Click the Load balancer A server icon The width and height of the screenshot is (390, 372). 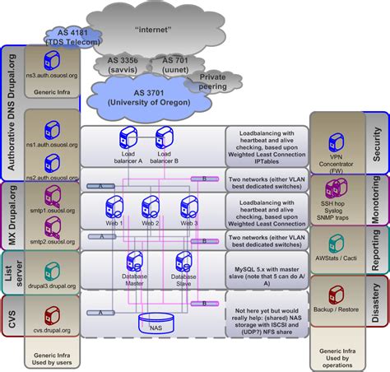pos(128,136)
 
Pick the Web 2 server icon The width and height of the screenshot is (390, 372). pos(150,206)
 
